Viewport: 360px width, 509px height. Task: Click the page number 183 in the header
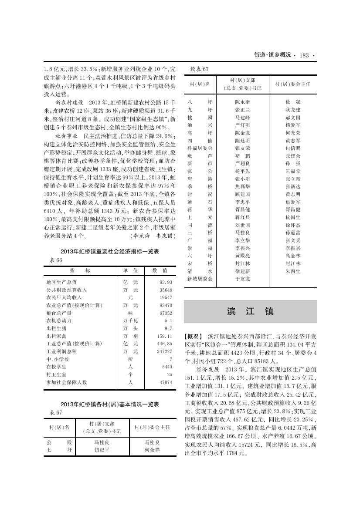[x=304, y=55]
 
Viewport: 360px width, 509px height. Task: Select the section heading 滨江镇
[x=250, y=311]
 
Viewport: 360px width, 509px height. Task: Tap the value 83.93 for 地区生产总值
[x=166, y=282]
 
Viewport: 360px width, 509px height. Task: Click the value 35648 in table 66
[x=166, y=290]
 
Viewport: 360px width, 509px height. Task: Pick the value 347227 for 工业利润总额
[x=164, y=351]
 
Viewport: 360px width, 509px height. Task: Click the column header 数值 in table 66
[x=160, y=270]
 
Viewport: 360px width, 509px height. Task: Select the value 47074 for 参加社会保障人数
[x=166, y=382]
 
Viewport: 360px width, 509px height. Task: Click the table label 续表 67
[x=200, y=69]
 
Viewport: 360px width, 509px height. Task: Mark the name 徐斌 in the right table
[x=292, y=102]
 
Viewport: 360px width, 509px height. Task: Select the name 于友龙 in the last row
[x=242, y=279]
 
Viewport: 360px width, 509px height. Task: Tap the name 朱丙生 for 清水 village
[x=292, y=271]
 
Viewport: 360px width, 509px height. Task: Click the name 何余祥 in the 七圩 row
[x=153, y=450]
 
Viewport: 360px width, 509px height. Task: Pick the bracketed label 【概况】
[x=194, y=337]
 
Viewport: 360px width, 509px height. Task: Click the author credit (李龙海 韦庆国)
[x=153, y=236]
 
